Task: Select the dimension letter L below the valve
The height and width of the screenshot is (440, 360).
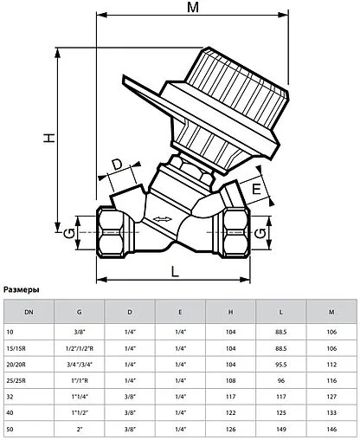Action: pos(175,271)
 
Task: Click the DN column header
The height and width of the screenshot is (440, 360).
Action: pos(29,311)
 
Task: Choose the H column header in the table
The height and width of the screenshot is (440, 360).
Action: pos(230,311)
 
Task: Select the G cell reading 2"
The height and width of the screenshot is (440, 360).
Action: pos(80,430)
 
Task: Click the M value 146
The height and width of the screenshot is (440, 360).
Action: pos(331,430)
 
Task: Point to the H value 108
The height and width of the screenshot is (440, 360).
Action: pos(230,381)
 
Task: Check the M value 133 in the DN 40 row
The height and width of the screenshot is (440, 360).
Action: pos(331,413)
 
